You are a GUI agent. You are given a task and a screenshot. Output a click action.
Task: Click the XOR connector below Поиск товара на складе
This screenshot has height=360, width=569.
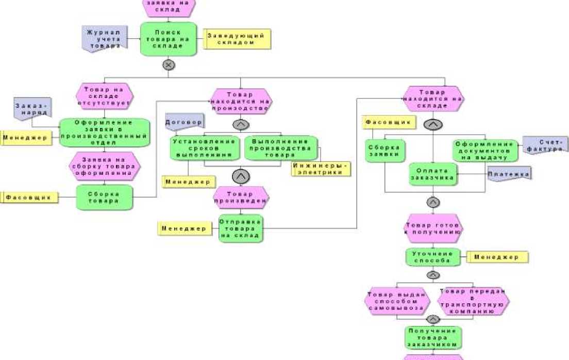click(x=168, y=65)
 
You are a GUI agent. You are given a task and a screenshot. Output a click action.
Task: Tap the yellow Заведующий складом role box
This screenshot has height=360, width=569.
click(x=237, y=39)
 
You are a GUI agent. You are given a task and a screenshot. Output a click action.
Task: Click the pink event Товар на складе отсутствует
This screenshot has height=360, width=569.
click(x=105, y=95)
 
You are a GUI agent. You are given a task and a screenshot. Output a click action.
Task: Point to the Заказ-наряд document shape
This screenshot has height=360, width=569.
click(x=31, y=109)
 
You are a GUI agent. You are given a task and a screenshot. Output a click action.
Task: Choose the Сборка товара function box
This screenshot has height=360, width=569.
click(x=105, y=198)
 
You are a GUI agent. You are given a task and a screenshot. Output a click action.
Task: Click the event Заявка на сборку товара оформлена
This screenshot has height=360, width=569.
click(x=105, y=166)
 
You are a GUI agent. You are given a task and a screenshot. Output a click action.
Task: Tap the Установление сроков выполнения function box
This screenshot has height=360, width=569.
click(x=205, y=148)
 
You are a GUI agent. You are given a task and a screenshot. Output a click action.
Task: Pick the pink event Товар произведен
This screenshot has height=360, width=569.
click(x=241, y=197)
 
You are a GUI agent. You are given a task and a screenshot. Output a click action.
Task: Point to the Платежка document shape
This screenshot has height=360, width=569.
click(x=509, y=173)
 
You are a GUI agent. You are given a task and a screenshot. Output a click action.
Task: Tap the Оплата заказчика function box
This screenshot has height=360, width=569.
click(x=433, y=174)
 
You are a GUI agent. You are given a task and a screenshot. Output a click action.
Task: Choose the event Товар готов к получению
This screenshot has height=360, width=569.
click(x=433, y=228)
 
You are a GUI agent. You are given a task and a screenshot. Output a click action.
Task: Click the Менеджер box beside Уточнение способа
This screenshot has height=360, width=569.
click(x=497, y=256)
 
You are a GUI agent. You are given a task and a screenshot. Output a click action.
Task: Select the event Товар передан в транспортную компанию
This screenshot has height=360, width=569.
click(x=473, y=301)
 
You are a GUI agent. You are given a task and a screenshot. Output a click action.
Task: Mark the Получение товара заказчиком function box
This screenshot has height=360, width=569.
click(x=433, y=338)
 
